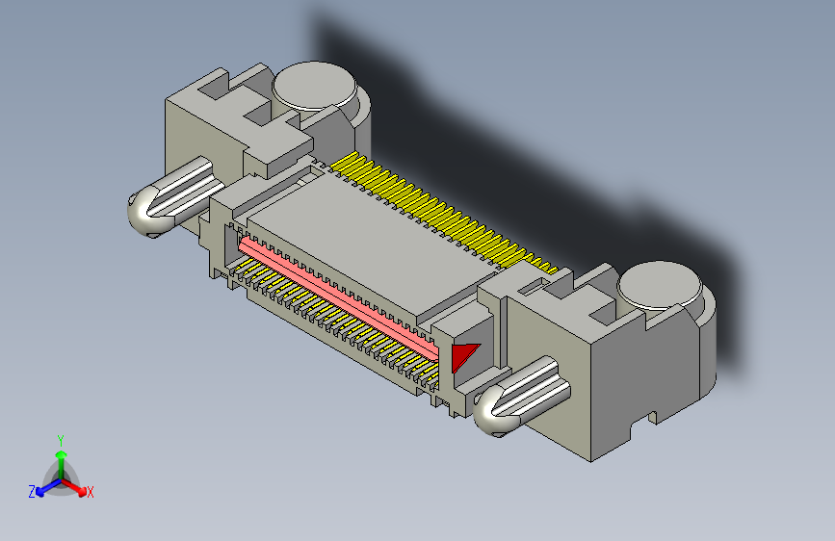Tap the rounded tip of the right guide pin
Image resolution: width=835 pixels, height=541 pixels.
493,413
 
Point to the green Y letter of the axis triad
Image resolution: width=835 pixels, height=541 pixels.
60,439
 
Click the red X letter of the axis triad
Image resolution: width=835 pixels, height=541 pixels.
91,493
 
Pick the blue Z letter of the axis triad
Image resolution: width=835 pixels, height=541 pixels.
32,492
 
